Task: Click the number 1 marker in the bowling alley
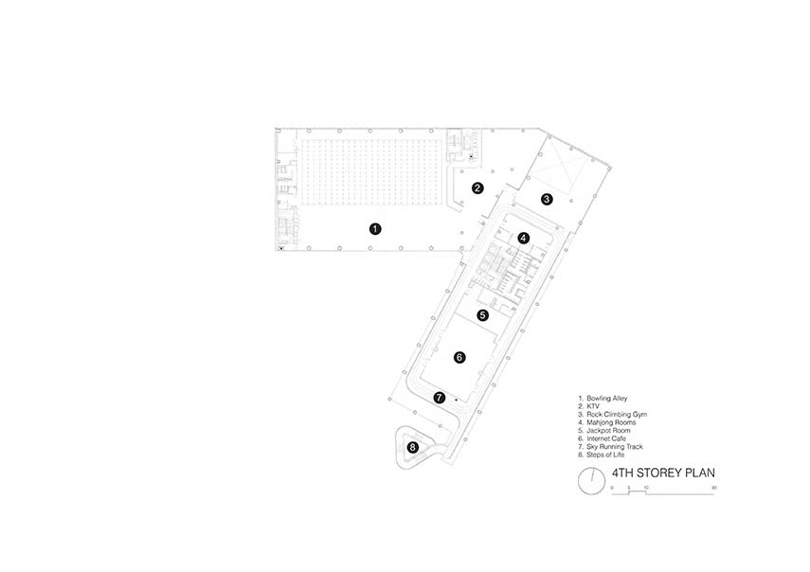click(x=375, y=228)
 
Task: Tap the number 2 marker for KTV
click(x=477, y=188)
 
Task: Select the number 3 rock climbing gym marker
click(x=547, y=199)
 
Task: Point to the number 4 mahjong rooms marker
click(x=524, y=238)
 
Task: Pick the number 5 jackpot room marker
click(x=482, y=315)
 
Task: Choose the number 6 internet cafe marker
click(x=459, y=357)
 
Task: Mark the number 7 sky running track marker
click(x=439, y=398)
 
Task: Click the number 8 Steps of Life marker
click(x=412, y=447)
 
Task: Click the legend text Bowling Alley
click(x=607, y=398)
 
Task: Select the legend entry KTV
click(x=593, y=406)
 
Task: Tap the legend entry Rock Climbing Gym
click(x=617, y=414)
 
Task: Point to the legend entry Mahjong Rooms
click(x=611, y=422)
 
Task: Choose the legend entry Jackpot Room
click(x=608, y=430)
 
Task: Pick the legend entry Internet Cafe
click(x=606, y=438)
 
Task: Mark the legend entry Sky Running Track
click(x=615, y=447)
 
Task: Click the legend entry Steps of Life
click(x=605, y=455)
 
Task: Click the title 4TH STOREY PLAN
click(x=663, y=473)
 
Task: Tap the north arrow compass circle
click(x=591, y=481)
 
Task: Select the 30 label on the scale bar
click(x=714, y=488)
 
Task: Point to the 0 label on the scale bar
click(x=612, y=488)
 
